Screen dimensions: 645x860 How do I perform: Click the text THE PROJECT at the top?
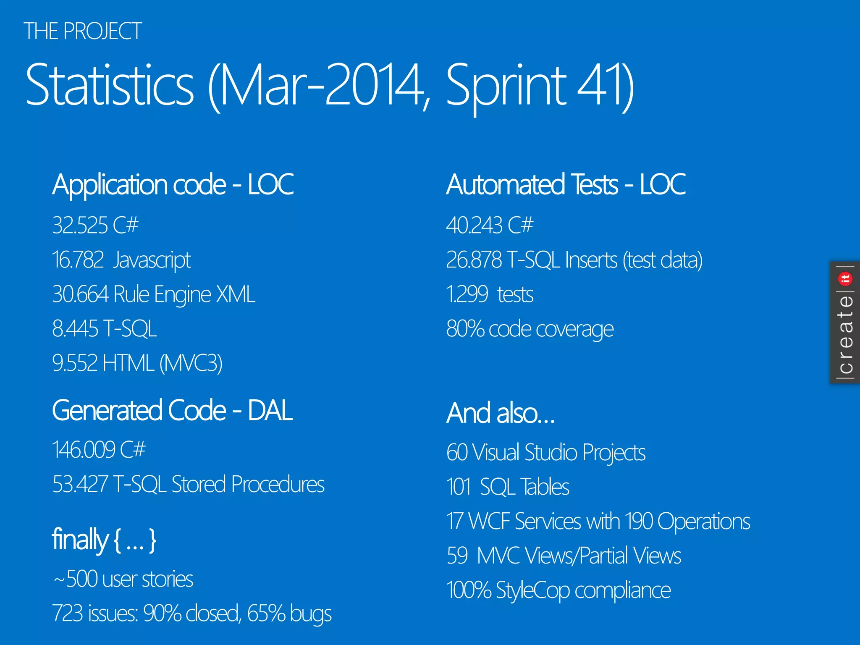(x=83, y=31)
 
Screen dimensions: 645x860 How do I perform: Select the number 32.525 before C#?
(x=80, y=225)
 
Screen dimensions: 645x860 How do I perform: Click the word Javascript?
(x=152, y=260)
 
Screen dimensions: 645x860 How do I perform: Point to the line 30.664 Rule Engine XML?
(x=154, y=294)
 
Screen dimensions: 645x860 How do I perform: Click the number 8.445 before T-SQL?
(x=75, y=328)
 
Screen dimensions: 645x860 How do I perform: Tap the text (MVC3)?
(x=191, y=363)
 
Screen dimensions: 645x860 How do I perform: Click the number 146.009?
(x=84, y=450)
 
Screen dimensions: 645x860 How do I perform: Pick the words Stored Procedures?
(x=248, y=484)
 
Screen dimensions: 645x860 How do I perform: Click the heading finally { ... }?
(x=104, y=540)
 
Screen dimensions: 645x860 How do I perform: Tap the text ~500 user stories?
(x=123, y=579)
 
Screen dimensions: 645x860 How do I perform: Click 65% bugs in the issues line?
(x=289, y=614)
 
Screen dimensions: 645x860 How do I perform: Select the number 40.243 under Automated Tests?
(x=474, y=225)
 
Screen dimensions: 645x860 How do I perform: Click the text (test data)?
(x=662, y=260)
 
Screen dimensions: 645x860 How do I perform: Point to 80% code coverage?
(x=530, y=329)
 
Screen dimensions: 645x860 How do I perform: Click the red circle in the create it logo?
(x=845, y=278)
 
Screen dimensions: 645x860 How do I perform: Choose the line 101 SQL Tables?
(x=507, y=487)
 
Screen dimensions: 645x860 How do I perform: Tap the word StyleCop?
(x=532, y=590)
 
